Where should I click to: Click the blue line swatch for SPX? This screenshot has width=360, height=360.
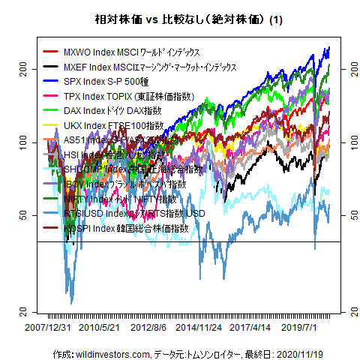[x=51, y=82]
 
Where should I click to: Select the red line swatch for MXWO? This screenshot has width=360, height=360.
[x=51, y=53]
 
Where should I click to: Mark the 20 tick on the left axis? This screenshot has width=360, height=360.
[x=24, y=311]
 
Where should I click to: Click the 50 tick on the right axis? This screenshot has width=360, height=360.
[x=346, y=215]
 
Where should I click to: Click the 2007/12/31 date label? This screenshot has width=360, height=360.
[x=48, y=328]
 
